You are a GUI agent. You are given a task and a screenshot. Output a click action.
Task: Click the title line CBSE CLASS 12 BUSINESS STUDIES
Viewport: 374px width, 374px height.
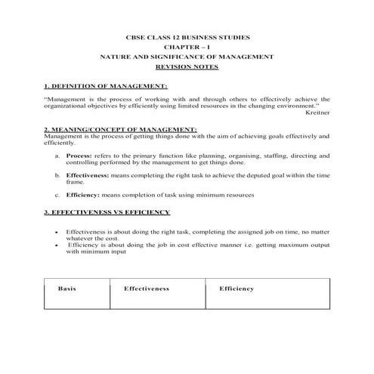[x=187, y=37]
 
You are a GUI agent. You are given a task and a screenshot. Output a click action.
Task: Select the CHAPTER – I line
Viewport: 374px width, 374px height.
[x=187, y=47]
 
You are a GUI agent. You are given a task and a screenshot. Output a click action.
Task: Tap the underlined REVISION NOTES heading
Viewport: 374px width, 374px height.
[x=187, y=66]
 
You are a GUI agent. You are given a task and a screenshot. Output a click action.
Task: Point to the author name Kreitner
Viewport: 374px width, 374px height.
[x=318, y=113]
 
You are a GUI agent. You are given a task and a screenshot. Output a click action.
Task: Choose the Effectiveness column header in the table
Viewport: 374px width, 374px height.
[x=146, y=289]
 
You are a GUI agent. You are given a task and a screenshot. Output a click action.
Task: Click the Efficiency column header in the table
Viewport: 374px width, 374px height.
[x=236, y=289]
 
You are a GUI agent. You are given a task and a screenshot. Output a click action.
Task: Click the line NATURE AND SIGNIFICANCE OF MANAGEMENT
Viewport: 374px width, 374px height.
[x=187, y=57]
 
